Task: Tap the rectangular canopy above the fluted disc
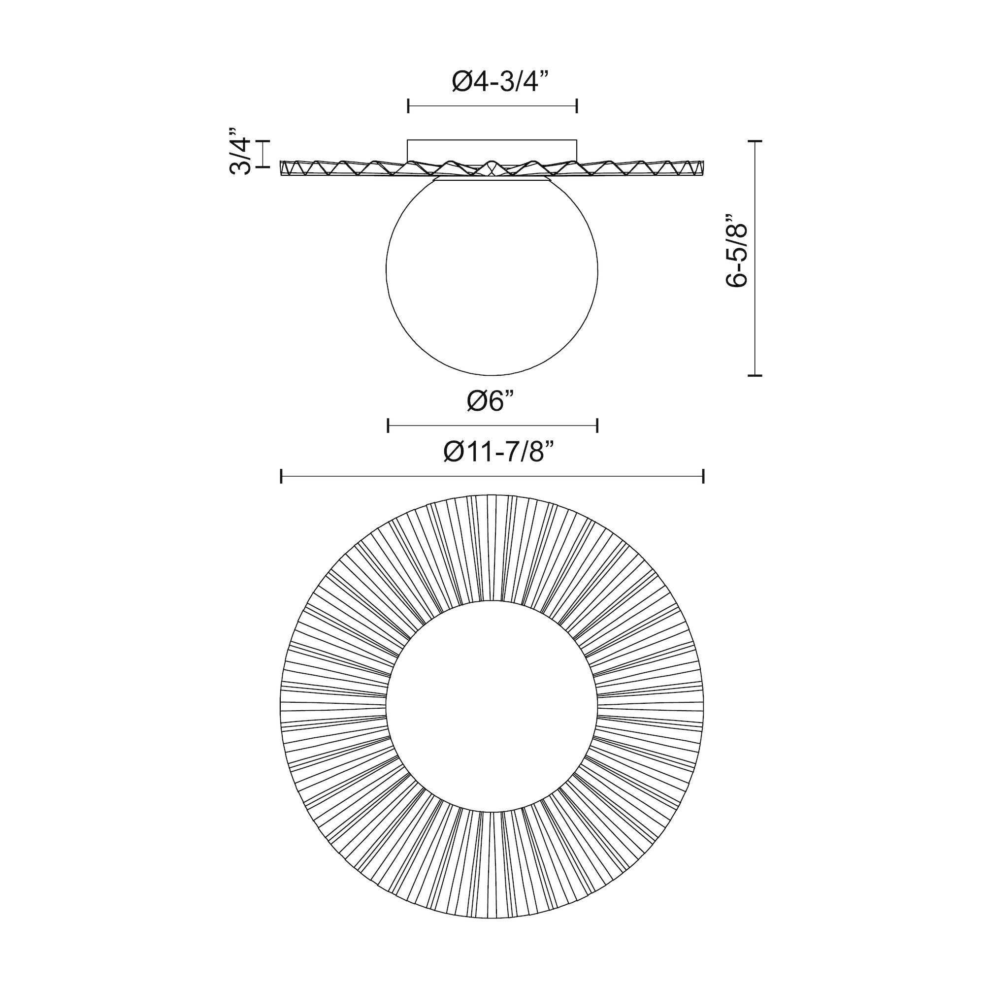pyautogui.click(x=492, y=150)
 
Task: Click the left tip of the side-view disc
pyautogui.click(x=282, y=168)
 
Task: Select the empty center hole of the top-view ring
pyautogui.click(x=492, y=704)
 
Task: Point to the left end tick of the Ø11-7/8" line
pyautogui.click(x=281, y=476)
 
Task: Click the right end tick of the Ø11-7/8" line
pyautogui.click(x=704, y=476)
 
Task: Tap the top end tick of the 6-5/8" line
pyautogui.click(x=755, y=141)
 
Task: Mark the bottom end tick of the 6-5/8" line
pyautogui.click(x=755, y=376)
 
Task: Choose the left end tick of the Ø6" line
pyautogui.click(x=388, y=425)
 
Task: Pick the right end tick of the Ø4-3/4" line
pyautogui.click(x=577, y=106)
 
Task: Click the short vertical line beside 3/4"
pyautogui.click(x=263, y=153)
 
